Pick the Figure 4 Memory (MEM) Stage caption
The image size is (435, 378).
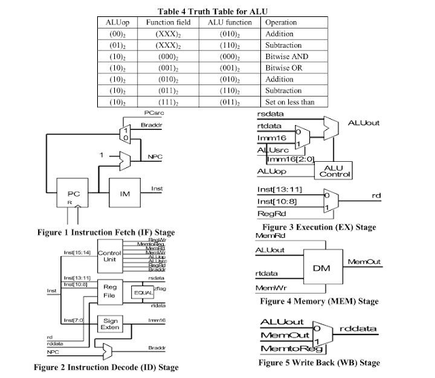pyautogui.click(x=319, y=300)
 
